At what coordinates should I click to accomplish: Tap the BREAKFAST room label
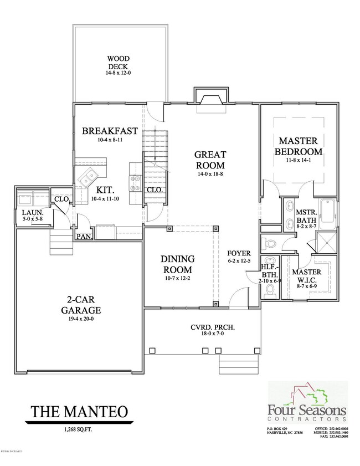pyautogui.click(x=110, y=131)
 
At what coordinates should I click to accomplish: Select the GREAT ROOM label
pyautogui.click(x=209, y=160)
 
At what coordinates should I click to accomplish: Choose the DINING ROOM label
pyautogui.click(x=177, y=264)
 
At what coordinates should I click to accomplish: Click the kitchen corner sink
pyautogui.click(x=88, y=179)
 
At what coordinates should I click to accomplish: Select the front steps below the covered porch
pyautogui.click(x=233, y=363)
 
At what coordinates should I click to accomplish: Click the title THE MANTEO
pyautogui.click(x=79, y=412)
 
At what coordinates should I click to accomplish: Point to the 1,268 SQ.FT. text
pyautogui.click(x=78, y=428)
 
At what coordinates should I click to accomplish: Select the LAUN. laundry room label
pyautogui.click(x=29, y=212)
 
